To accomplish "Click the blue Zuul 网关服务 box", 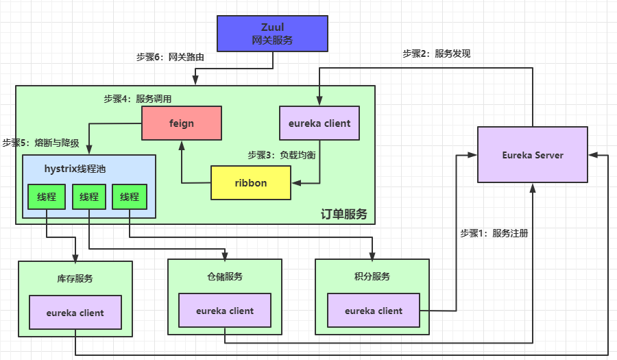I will coord(272,34).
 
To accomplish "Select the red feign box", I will coord(182,123).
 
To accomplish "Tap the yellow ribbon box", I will coord(250,183).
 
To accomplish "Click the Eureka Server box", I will coord(532,155).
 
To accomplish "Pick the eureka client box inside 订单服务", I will coord(319,123).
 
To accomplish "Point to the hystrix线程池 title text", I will coord(75,168).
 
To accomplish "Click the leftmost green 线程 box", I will coord(46,197).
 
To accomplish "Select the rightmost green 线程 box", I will coord(130,197).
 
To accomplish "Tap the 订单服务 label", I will coord(343,214).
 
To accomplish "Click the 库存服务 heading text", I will coord(75,278).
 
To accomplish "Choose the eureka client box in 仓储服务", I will coord(225,311).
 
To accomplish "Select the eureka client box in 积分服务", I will coord(374,311).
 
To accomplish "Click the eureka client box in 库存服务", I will coord(75,313).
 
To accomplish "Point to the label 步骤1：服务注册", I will coord(494,233).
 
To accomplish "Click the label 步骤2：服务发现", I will coord(436,53).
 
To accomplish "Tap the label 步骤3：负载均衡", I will coord(281,155).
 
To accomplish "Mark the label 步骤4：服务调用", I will coord(138,99).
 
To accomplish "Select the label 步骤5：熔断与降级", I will coord(40,143).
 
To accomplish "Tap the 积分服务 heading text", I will coord(373,276).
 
